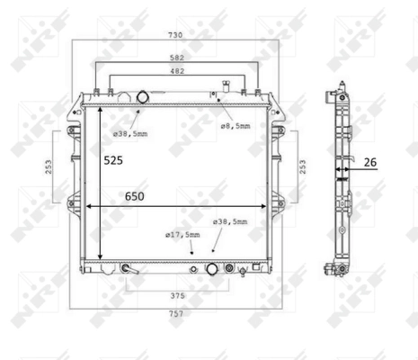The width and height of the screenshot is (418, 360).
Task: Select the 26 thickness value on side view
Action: coord(370,163)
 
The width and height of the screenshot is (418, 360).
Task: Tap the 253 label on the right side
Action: coord(303,166)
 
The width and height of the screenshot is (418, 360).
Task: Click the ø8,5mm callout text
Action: coord(236,126)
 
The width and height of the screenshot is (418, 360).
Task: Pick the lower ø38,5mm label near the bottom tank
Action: coord(230,221)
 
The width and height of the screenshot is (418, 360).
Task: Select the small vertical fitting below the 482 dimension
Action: coord(216,94)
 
